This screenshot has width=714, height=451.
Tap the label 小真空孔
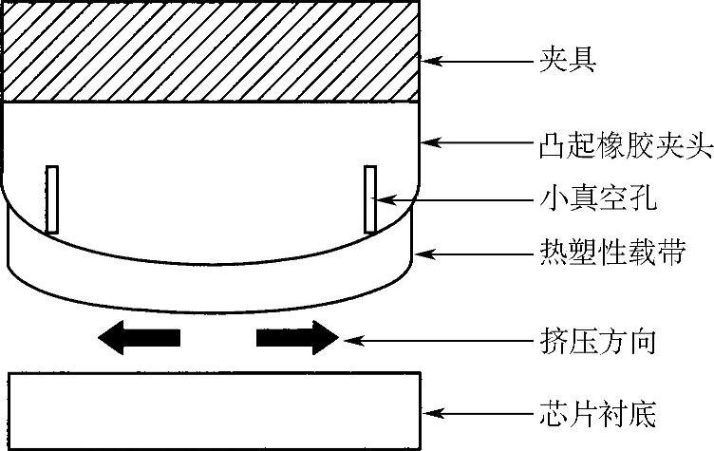pyautogui.click(x=592, y=199)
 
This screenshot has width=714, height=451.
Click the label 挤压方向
pyautogui.click(x=592, y=339)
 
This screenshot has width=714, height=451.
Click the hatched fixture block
pyautogui.click(x=211, y=51)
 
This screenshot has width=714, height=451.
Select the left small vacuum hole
pyautogui.click(x=52, y=198)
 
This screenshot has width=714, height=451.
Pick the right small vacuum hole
pyautogui.click(x=369, y=198)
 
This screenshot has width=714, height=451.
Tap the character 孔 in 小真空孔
pyautogui.click(x=642, y=199)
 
